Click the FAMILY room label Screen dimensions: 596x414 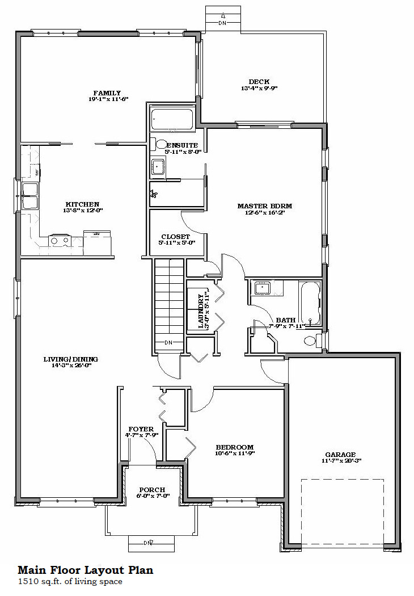pyautogui.click(x=107, y=93)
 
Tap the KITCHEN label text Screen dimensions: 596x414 pyautogui.click(x=82, y=204)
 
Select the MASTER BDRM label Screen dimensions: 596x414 pyautogui.click(x=264, y=206)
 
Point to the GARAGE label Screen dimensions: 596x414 pyautogui.click(x=340, y=455)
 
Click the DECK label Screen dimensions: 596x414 pyautogui.click(x=259, y=82)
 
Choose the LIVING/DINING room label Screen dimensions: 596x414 pyautogui.click(x=71, y=359)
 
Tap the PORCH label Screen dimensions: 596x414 pyautogui.click(x=152, y=490)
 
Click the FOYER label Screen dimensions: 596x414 pyautogui.click(x=141, y=429)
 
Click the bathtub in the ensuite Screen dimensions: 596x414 pyautogui.click(x=172, y=120)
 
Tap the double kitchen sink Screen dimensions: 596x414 pyautogui.click(x=29, y=195)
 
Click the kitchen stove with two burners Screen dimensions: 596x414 pyautogui.click(x=60, y=240)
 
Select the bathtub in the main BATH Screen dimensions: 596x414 pyautogui.click(x=310, y=303)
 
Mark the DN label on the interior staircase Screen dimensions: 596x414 pyautogui.click(x=168, y=343)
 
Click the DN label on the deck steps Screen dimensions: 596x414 pyautogui.click(x=223, y=23)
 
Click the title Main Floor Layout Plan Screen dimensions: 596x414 pyautogui.click(x=85, y=570)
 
